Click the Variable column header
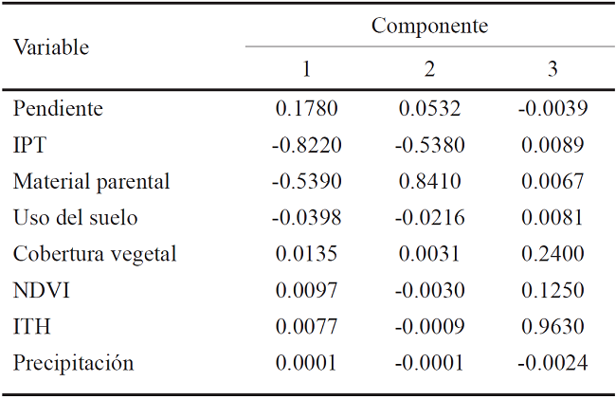point(51,47)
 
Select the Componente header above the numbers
point(429,27)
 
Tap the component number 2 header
point(429,69)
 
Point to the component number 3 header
point(553,69)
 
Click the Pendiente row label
point(58,109)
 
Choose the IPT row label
point(29,145)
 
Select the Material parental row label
point(92,181)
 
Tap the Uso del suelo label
point(76,218)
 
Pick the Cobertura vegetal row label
point(95,254)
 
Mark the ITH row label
point(31,327)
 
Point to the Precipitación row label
point(74,363)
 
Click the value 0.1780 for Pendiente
point(307,109)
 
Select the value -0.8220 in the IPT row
point(306,145)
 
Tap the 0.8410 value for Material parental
point(430,181)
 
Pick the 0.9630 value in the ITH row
point(553,327)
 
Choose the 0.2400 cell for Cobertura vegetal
point(553,254)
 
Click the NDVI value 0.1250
point(553,290)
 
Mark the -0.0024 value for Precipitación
point(553,363)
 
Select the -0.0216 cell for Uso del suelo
point(429,218)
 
